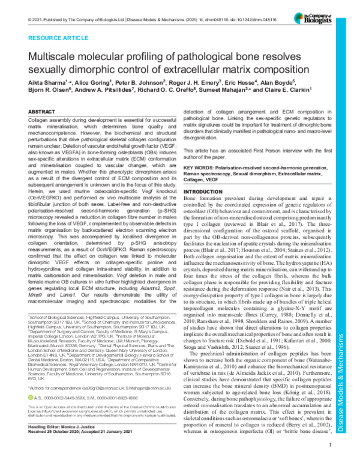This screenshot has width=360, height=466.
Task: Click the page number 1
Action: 331,461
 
